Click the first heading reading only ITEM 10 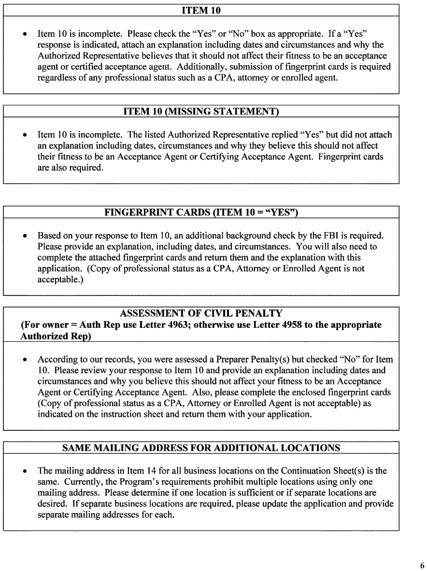coord(201,10)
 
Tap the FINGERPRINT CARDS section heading coord(201,212)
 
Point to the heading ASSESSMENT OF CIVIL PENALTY coord(201,313)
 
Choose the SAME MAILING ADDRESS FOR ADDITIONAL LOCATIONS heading coord(201,448)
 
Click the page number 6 coord(422,565)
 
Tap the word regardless coord(54,78)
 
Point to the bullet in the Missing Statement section coord(25,134)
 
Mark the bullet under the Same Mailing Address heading coord(25,471)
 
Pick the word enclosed coord(308,392)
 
